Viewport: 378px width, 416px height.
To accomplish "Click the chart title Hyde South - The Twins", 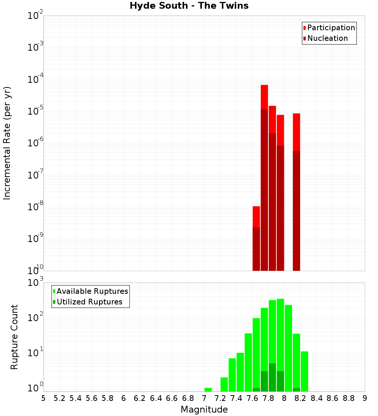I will click(189, 6).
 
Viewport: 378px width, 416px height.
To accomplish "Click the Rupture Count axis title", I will click(14, 337).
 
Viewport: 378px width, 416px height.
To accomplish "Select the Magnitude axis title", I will click(204, 410).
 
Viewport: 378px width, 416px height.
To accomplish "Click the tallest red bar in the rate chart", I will click(264, 178).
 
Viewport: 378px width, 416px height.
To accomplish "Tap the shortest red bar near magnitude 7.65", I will click(256, 238).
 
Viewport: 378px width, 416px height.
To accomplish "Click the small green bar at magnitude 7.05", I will click(208, 390).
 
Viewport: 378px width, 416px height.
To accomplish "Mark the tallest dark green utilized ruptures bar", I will click(272, 377).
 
